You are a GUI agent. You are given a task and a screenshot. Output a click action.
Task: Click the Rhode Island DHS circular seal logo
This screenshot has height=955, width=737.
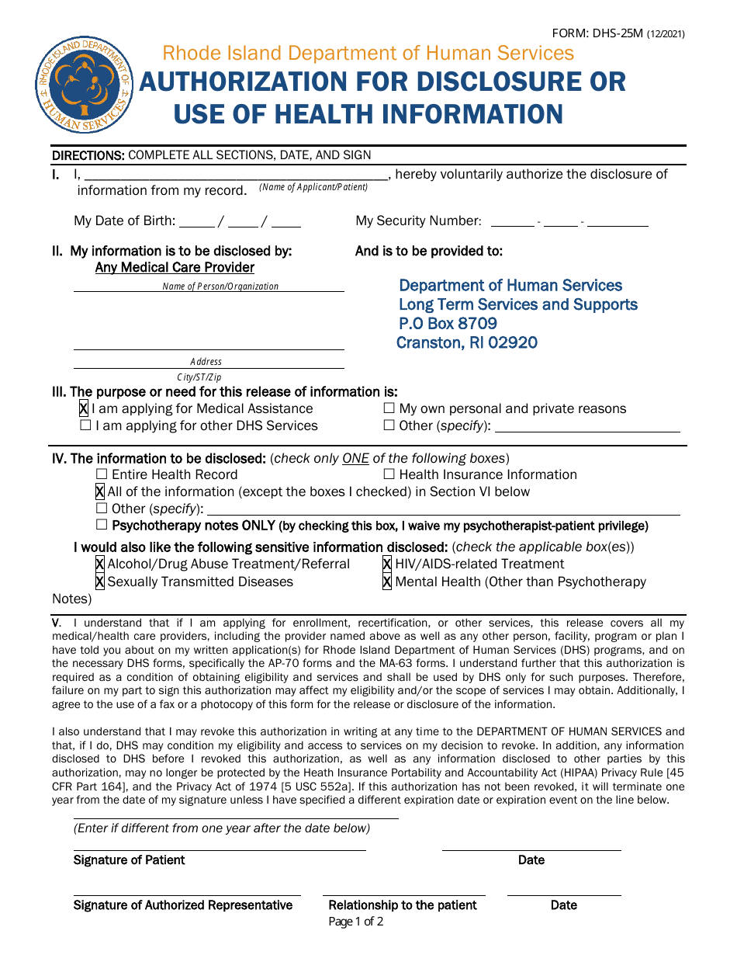pyautogui.click(x=85, y=83)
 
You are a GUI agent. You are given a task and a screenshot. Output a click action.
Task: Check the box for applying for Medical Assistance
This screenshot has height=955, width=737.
pyautogui.click(x=84, y=408)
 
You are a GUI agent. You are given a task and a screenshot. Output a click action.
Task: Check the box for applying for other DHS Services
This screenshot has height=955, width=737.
pyautogui.click(x=85, y=425)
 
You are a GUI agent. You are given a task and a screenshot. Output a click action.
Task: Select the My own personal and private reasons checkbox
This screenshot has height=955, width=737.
pyautogui.click(x=389, y=408)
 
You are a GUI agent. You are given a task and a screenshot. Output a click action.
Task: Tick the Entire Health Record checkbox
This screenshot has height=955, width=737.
pyautogui.click(x=102, y=474)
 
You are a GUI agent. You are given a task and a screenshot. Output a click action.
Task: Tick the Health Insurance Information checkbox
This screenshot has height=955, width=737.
pyautogui.click(x=389, y=474)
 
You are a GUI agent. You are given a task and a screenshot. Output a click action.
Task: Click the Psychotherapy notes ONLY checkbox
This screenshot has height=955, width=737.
pyautogui.click(x=102, y=525)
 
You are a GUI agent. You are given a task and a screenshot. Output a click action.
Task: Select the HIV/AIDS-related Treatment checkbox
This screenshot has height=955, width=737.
pyautogui.click(x=387, y=564)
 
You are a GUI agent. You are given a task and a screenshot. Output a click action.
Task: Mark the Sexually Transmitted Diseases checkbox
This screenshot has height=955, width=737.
pyautogui.click(x=100, y=582)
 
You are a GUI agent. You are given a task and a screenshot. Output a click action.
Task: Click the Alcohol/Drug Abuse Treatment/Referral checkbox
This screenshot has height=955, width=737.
pyautogui.click(x=100, y=564)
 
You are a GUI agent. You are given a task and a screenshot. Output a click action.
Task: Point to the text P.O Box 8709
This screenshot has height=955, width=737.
pyautogui.click(x=448, y=324)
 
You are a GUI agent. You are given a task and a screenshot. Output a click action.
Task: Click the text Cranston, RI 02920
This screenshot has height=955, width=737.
pyautogui.click(x=466, y=343)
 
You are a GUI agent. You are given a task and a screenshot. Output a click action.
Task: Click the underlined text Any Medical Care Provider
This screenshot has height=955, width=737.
pyautogui.click(x=175, y=268)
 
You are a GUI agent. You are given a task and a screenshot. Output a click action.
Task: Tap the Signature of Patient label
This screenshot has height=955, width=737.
pyautogui.click(x=129, y=860)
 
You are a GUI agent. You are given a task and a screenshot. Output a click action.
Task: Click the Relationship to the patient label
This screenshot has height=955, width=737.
pyautogui.click(x=403, y=905)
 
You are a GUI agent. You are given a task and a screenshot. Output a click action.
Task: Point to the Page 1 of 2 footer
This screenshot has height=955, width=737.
pyautogui.click(x=355, y=922)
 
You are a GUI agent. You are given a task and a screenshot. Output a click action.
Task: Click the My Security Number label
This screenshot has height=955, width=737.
pyautogui.click(x=418, y=221)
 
